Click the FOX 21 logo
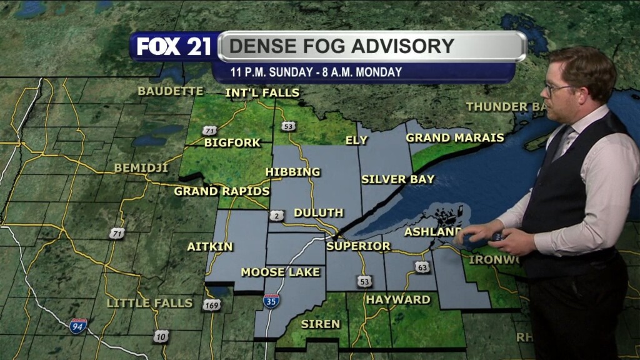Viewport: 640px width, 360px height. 174,46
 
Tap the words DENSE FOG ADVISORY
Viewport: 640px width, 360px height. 341,46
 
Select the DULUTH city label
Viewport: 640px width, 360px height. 318,212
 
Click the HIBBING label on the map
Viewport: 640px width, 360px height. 292,172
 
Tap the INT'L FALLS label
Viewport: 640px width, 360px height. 262,93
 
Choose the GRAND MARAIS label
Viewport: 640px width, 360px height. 455,137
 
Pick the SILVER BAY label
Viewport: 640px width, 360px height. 397,179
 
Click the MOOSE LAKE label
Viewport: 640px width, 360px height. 280,272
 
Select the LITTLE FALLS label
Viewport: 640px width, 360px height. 149,303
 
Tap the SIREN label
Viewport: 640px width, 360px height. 320,324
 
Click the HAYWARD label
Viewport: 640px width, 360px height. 398,300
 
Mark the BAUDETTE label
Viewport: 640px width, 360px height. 170,91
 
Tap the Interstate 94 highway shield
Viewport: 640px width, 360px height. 78,326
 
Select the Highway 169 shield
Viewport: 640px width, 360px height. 211,305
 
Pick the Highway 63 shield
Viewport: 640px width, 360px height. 422,267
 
